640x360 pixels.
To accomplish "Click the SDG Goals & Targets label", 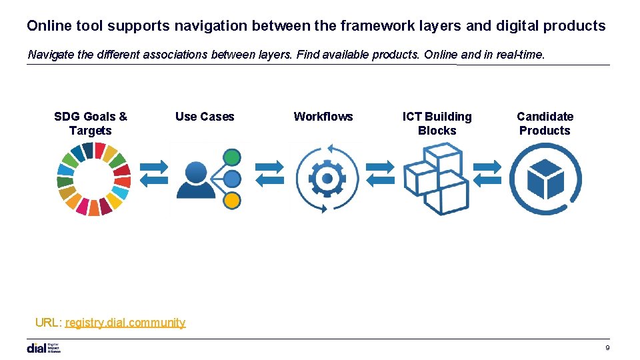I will point(91,123).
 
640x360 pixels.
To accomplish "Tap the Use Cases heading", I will point(205,117).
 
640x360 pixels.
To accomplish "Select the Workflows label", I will point(323,117).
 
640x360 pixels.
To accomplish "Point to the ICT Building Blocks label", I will point(437,123).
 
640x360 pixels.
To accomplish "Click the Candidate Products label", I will point(545,123).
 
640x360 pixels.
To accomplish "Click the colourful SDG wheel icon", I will point(94,179).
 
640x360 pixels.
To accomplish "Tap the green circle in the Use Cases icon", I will point(231,158).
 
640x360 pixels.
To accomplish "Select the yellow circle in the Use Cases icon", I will point(231,199).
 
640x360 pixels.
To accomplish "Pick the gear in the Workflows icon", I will point(327,179).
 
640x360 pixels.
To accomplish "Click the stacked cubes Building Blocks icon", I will point(437,179).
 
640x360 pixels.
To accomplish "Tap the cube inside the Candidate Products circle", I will point(546,179).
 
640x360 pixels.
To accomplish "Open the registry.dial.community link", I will point(125,323).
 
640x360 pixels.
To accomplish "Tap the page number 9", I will point(607,348).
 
